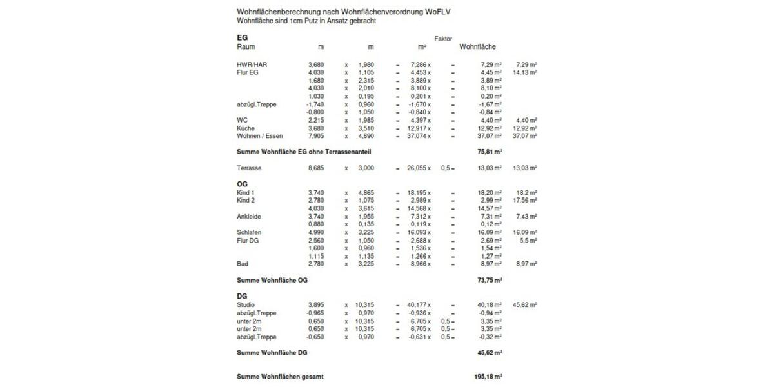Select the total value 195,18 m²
[x=488, y=377]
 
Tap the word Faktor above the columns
[x=443, y=39]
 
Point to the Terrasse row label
[x=250, y=168]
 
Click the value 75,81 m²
[x=490, y=152]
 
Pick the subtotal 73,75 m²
[x=490, y=280]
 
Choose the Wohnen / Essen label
[x=260, y=136]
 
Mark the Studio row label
[x=246, y=304]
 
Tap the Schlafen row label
[x=249, y=232]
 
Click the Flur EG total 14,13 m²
[x=525, y=73]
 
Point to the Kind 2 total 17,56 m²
[x=525, y=201]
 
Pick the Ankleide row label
[x=249, y=216]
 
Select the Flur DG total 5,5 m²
[x=528, y=240]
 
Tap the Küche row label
[x=246, y=128]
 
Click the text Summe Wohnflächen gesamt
[x=280, y=377]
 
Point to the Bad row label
[x=243, y=264]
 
